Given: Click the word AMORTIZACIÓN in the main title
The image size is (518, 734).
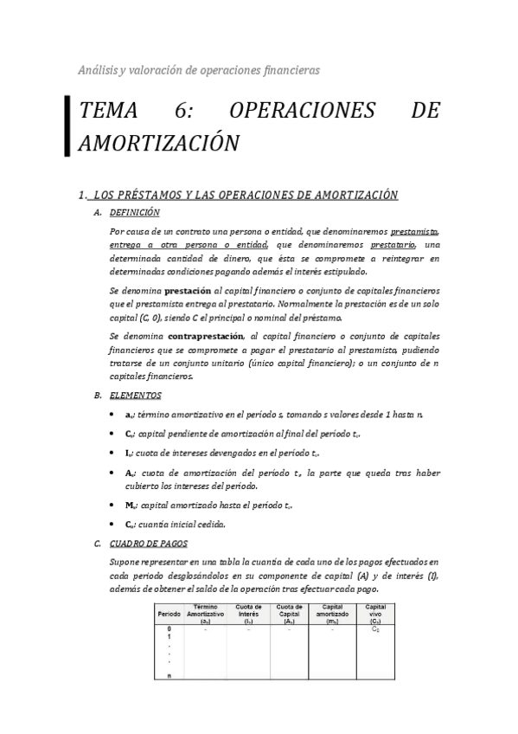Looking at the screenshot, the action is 158,143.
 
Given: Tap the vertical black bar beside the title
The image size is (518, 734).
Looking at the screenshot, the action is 67,126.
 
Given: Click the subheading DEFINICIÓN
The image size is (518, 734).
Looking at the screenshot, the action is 134,212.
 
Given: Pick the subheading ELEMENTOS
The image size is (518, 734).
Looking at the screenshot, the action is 135,396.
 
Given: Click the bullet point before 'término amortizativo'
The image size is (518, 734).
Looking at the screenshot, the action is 115,415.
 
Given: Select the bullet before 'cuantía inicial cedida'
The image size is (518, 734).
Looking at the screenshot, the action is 115,524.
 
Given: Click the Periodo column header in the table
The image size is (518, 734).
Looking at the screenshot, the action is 169,614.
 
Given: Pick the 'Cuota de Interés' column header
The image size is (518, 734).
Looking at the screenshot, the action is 249,614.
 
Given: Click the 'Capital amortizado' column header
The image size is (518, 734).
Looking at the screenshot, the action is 332,614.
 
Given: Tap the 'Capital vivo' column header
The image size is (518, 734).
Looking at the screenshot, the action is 374,614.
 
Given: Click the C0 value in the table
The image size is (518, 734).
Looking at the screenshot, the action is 374,629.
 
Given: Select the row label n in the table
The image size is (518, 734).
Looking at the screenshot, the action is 169,675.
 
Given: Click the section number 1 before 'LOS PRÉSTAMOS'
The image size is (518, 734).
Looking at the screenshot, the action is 80,195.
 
